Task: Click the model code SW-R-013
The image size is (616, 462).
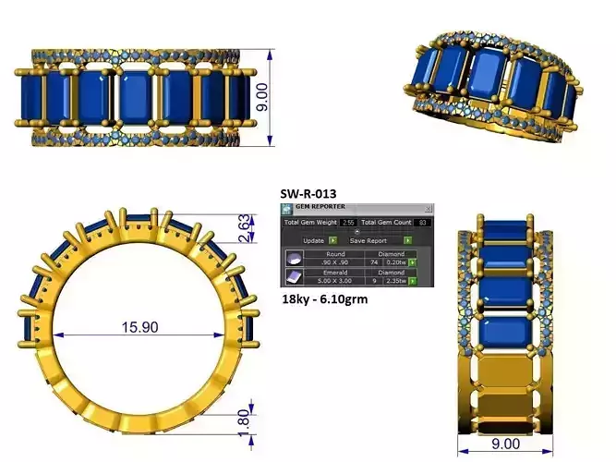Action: pyautogui.click(x=308, y=194)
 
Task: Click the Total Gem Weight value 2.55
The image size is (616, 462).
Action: pyautogui.click(x=348, y=223)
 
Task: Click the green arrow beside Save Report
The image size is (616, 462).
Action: pyautogui.click(x=407, y=239)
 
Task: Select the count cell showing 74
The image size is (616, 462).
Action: pyautogui.click(x=374, y=263)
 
